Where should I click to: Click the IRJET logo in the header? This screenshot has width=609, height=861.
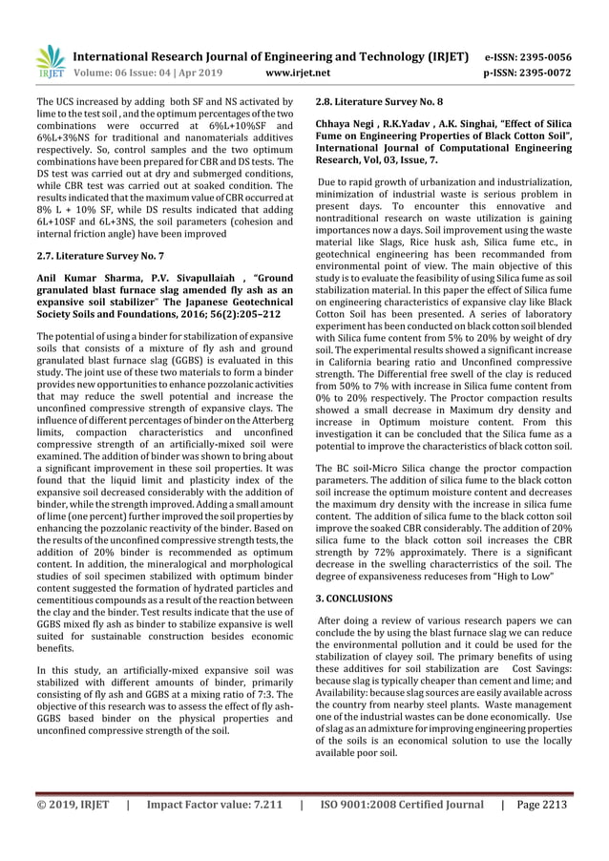coord(49,61)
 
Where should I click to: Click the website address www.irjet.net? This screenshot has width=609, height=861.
coord(300,72)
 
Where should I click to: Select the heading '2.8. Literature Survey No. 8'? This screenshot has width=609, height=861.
coord(379,101)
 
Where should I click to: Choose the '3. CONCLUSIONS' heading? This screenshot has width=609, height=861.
coord(353,598)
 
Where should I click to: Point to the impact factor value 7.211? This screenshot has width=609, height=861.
coord(262,829)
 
